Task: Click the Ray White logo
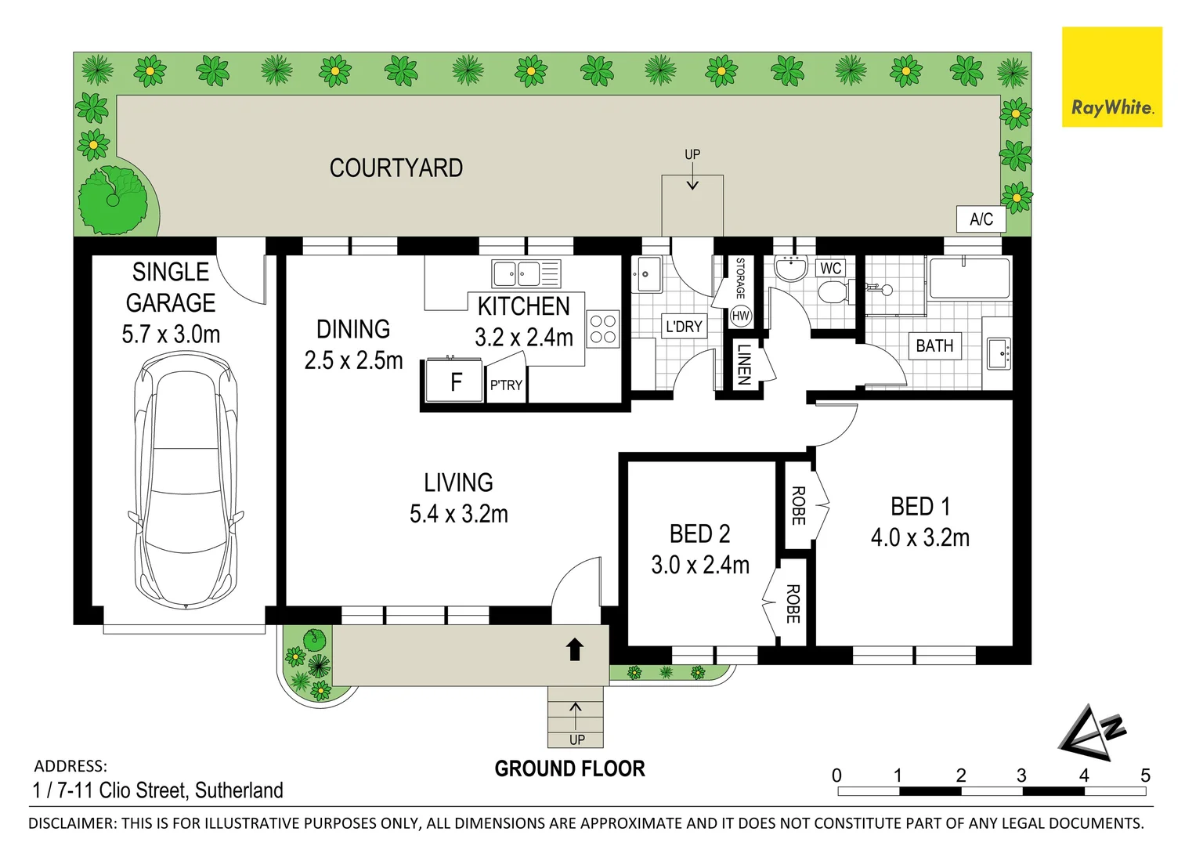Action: tap(1111, 78)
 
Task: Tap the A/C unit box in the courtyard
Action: tap(981, 219)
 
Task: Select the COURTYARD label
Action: tap(396, 168)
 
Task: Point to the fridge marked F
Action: tap(454, 381)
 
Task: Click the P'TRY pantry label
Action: tap(506, 385)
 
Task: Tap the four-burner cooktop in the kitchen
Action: tap(602, 329)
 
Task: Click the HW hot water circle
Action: tap(740, 316)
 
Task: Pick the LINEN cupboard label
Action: tap(744, 365)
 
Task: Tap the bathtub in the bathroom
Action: tap(969, 278)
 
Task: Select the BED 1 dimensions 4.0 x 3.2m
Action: tap(919, 538)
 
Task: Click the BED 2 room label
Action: tap(699, 534)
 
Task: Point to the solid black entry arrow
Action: tap(575, 649)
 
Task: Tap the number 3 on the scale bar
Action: tap(1021, 775)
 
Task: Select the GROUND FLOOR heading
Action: tap(569, 769)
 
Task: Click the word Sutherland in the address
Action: tap(239, 790)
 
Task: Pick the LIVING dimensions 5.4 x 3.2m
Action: tap(458, 515)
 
